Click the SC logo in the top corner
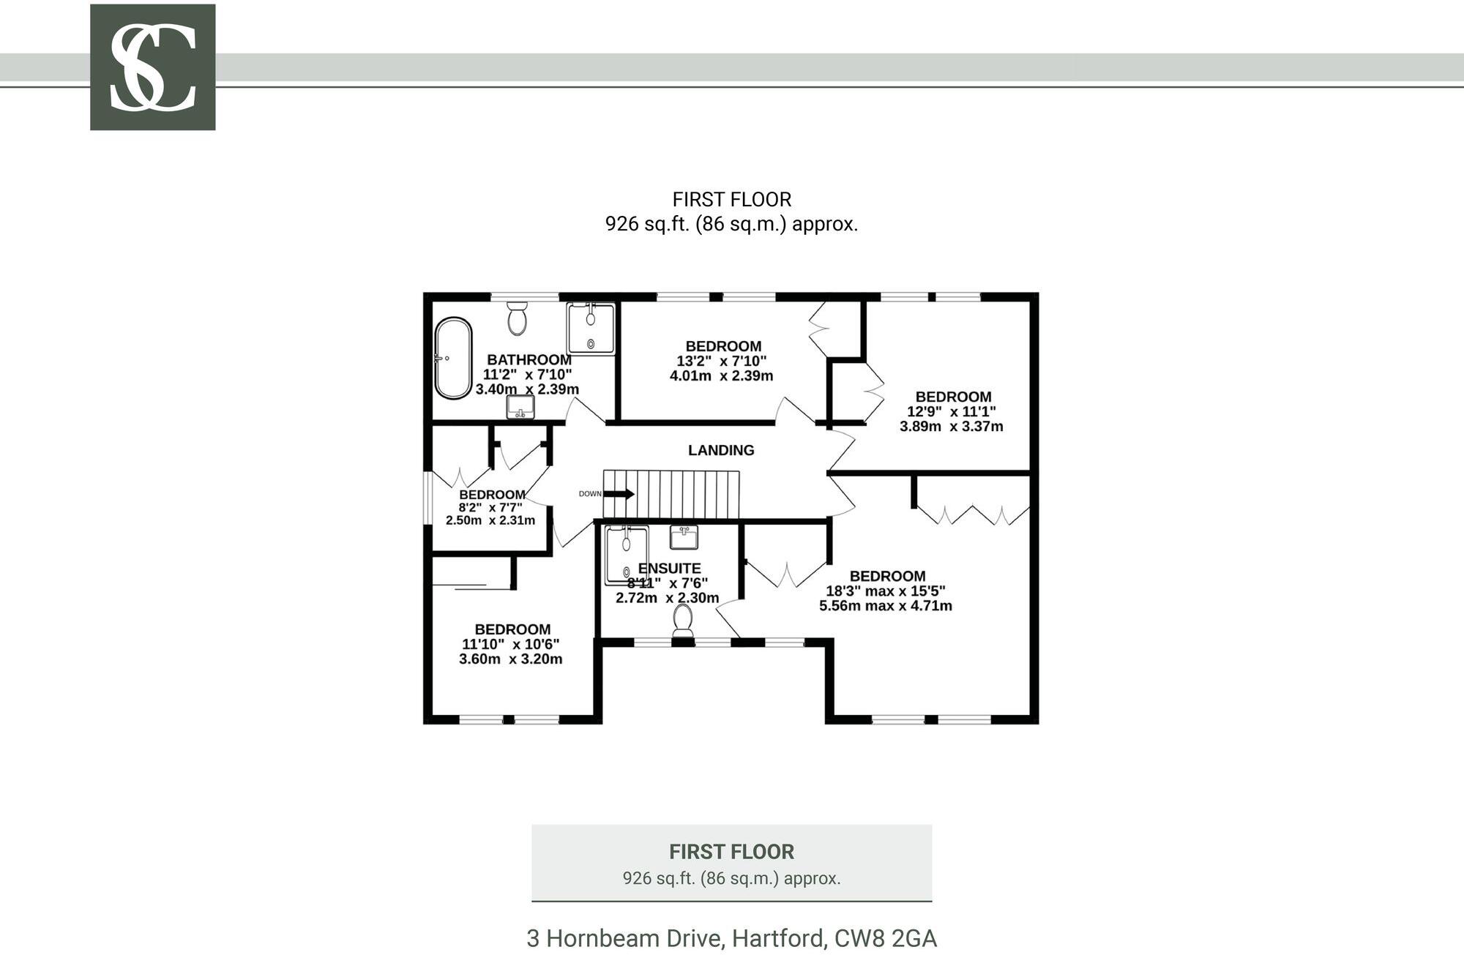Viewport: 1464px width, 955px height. tap(152, 67)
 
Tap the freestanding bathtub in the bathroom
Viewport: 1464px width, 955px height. tap(453, 358)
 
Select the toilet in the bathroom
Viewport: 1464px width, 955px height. tap(518, 318)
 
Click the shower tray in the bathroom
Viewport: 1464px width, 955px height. tap(591, 329)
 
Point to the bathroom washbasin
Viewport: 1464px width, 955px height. tap(520, 408)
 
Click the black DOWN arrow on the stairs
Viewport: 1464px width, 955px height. tap(619, 494)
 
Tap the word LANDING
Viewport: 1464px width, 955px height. tap(721, 450)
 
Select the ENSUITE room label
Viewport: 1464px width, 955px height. tap(669, 569)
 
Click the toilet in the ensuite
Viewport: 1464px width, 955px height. tap(684, 621)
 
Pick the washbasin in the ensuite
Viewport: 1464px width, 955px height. tap(684, 538)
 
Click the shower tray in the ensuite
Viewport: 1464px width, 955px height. tap(627, 556)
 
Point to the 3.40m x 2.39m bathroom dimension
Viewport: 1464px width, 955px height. tap(527, 389)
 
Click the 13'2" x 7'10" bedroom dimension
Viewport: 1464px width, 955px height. tap(721, 361)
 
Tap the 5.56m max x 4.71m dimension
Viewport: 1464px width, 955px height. tap(886, 606)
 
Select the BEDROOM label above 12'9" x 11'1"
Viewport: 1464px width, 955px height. tap(953, 397)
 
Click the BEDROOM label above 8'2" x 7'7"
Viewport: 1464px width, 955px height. tap(492, 495)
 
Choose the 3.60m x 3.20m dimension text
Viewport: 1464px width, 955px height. tap(511, 659)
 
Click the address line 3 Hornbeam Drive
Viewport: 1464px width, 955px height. tap(731, 938)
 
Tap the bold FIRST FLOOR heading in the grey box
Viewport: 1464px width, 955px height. tap(731, 852)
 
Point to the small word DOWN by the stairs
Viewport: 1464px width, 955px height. tap(590, 494)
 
